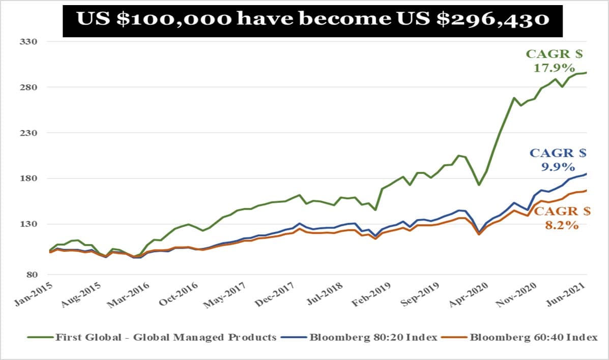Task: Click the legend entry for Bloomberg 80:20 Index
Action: (373, 337)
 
